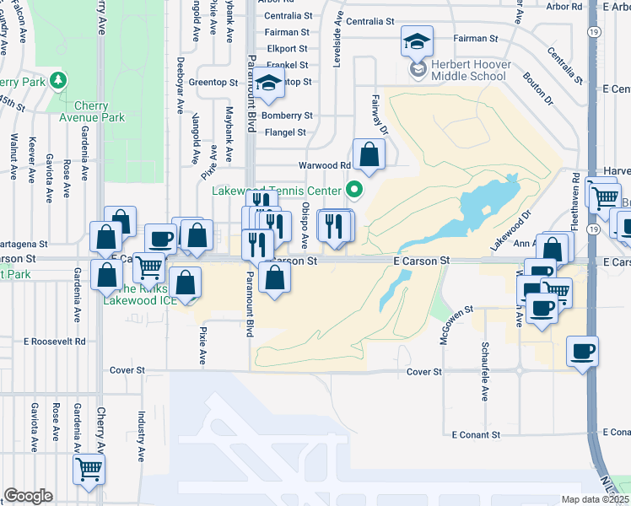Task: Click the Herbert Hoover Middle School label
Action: coord(458,69)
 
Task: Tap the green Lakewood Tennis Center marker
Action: coord(355,190)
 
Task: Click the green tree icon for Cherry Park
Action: coord(58,81)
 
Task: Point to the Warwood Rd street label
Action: coord(323,165)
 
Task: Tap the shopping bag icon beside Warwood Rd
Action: coord(369,154)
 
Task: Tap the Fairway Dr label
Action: coord(378,115)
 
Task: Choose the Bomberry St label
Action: coord(287,116)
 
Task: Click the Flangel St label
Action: coord(284,132)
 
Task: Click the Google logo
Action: coord(28,496)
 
